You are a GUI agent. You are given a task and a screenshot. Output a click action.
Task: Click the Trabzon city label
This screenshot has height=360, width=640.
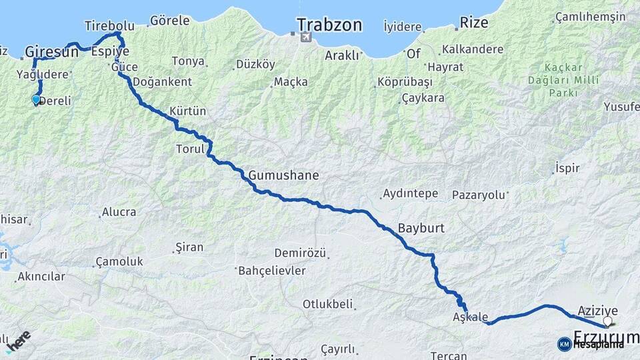[x=329, y=25]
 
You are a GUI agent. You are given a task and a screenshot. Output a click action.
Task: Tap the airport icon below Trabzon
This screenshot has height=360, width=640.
[x=305, y=37]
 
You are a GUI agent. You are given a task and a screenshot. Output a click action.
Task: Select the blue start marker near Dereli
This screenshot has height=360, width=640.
[x=36, y=100]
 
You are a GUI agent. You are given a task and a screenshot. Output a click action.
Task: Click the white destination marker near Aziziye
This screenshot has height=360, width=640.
[x=607, y=322]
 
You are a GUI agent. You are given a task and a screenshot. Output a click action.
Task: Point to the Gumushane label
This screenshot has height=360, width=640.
[x=283, y=176]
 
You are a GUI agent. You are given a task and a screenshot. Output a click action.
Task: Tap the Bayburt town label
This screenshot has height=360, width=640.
[x=421, y=228]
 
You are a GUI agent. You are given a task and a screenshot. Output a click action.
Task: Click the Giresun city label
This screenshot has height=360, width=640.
[x=52, y=51]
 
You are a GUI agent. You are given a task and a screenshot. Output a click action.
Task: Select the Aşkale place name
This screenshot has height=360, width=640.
[x=471, y=317]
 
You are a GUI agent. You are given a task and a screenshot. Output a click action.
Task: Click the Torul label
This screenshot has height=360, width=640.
[x=190, y=149]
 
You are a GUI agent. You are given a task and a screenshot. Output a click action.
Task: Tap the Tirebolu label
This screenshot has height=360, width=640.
[x=110, y=26]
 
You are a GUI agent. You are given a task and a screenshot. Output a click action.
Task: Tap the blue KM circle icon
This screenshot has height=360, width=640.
[x=564, y=344]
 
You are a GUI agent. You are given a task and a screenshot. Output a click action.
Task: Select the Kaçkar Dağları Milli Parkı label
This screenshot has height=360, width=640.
[x=564, y=80]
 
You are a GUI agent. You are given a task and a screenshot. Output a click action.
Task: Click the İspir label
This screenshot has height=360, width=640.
[x=567, y=169]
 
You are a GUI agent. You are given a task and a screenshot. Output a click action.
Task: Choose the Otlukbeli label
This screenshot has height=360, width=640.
[x=327, y=304]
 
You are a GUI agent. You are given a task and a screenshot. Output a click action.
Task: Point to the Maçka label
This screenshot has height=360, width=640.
[x=291, y=82]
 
